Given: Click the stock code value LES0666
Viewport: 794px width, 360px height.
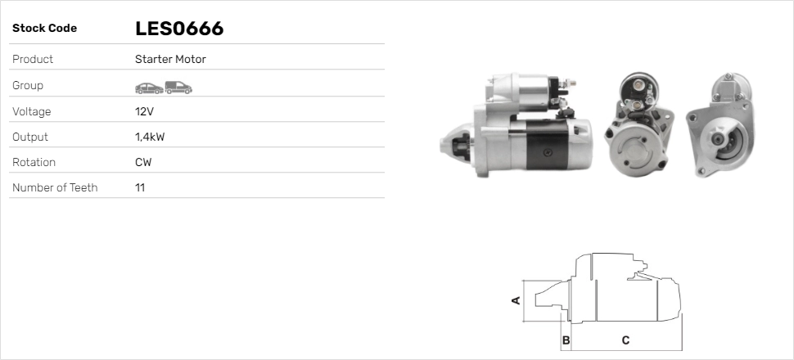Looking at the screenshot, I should (x=179, y=29).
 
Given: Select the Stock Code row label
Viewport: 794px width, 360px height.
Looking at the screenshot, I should (x=44, y=29).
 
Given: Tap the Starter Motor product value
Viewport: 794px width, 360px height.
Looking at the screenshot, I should (x=170, y=60).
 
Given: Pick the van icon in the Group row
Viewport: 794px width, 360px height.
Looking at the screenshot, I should (x=178, y=86).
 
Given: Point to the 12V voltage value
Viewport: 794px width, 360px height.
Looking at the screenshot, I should (x=144, y=111).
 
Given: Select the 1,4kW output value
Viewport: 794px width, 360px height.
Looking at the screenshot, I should (x=150, y=137).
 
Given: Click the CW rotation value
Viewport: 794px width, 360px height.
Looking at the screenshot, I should (x=143, y=162).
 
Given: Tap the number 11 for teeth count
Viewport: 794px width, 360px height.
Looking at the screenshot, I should (x=140, y=187).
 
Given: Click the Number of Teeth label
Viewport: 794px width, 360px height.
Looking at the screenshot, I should (x=55, y=187).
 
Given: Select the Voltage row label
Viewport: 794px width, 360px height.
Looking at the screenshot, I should (x=31, y=111).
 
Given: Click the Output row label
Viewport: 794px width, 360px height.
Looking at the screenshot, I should (x=30, y=137).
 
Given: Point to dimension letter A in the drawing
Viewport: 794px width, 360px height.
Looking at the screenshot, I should (x=516, y=300).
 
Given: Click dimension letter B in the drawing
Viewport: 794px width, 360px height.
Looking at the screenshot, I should (x=566, y=340).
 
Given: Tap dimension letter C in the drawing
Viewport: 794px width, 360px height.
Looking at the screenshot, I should (x=625, y=340).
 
